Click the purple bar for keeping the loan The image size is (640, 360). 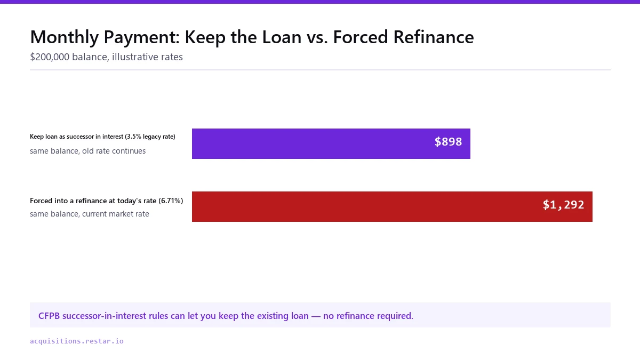coord(331,143)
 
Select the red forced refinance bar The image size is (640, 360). coord(392,206)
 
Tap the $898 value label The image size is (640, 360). coord(448,142)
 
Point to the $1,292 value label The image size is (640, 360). coord(563,205)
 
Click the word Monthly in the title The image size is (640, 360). coord(65,37)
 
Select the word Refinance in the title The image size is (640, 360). coord(434,37)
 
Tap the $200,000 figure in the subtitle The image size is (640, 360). coord(50,57)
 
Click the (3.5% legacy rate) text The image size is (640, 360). coord(150,137)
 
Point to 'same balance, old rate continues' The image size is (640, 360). coord(87,151)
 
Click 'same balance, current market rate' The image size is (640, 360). coord(90,214)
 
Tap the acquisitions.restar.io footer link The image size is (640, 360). coord(77,341)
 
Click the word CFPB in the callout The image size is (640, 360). coord(49,316)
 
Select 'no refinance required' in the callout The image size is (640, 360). coord(368,316)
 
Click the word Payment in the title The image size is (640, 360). coord(142,37)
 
